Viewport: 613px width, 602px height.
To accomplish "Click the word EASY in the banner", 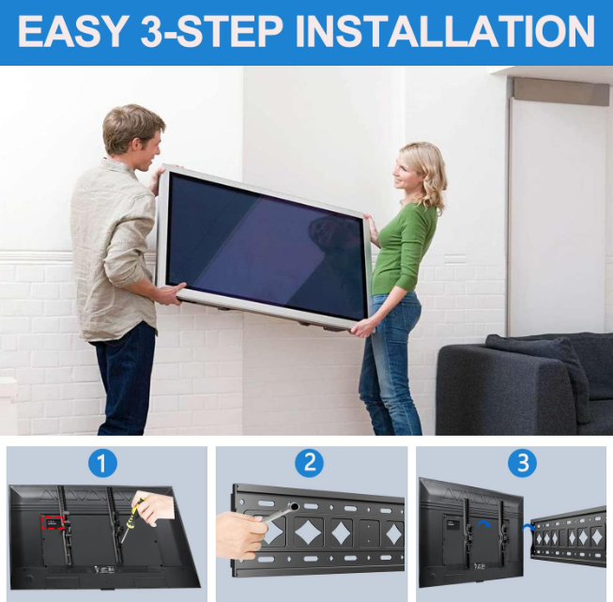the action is [70, 32].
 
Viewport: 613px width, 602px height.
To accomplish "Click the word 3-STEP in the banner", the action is [211, 32].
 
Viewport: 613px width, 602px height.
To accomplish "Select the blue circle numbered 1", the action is [102, 464].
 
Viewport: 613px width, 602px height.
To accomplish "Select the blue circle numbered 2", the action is [309, 463].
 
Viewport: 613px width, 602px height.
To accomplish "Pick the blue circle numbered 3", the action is [523, 464].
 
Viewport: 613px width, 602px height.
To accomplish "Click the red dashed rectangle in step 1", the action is [53, 522].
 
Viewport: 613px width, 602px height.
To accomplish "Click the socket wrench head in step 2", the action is [295, 506].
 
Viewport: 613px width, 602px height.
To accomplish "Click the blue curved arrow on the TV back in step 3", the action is [484, 523].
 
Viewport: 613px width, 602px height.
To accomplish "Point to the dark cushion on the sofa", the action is [539, 372].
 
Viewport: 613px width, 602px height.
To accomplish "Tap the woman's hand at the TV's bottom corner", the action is [360, 328].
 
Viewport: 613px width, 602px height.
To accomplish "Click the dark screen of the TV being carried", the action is [265, 245].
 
